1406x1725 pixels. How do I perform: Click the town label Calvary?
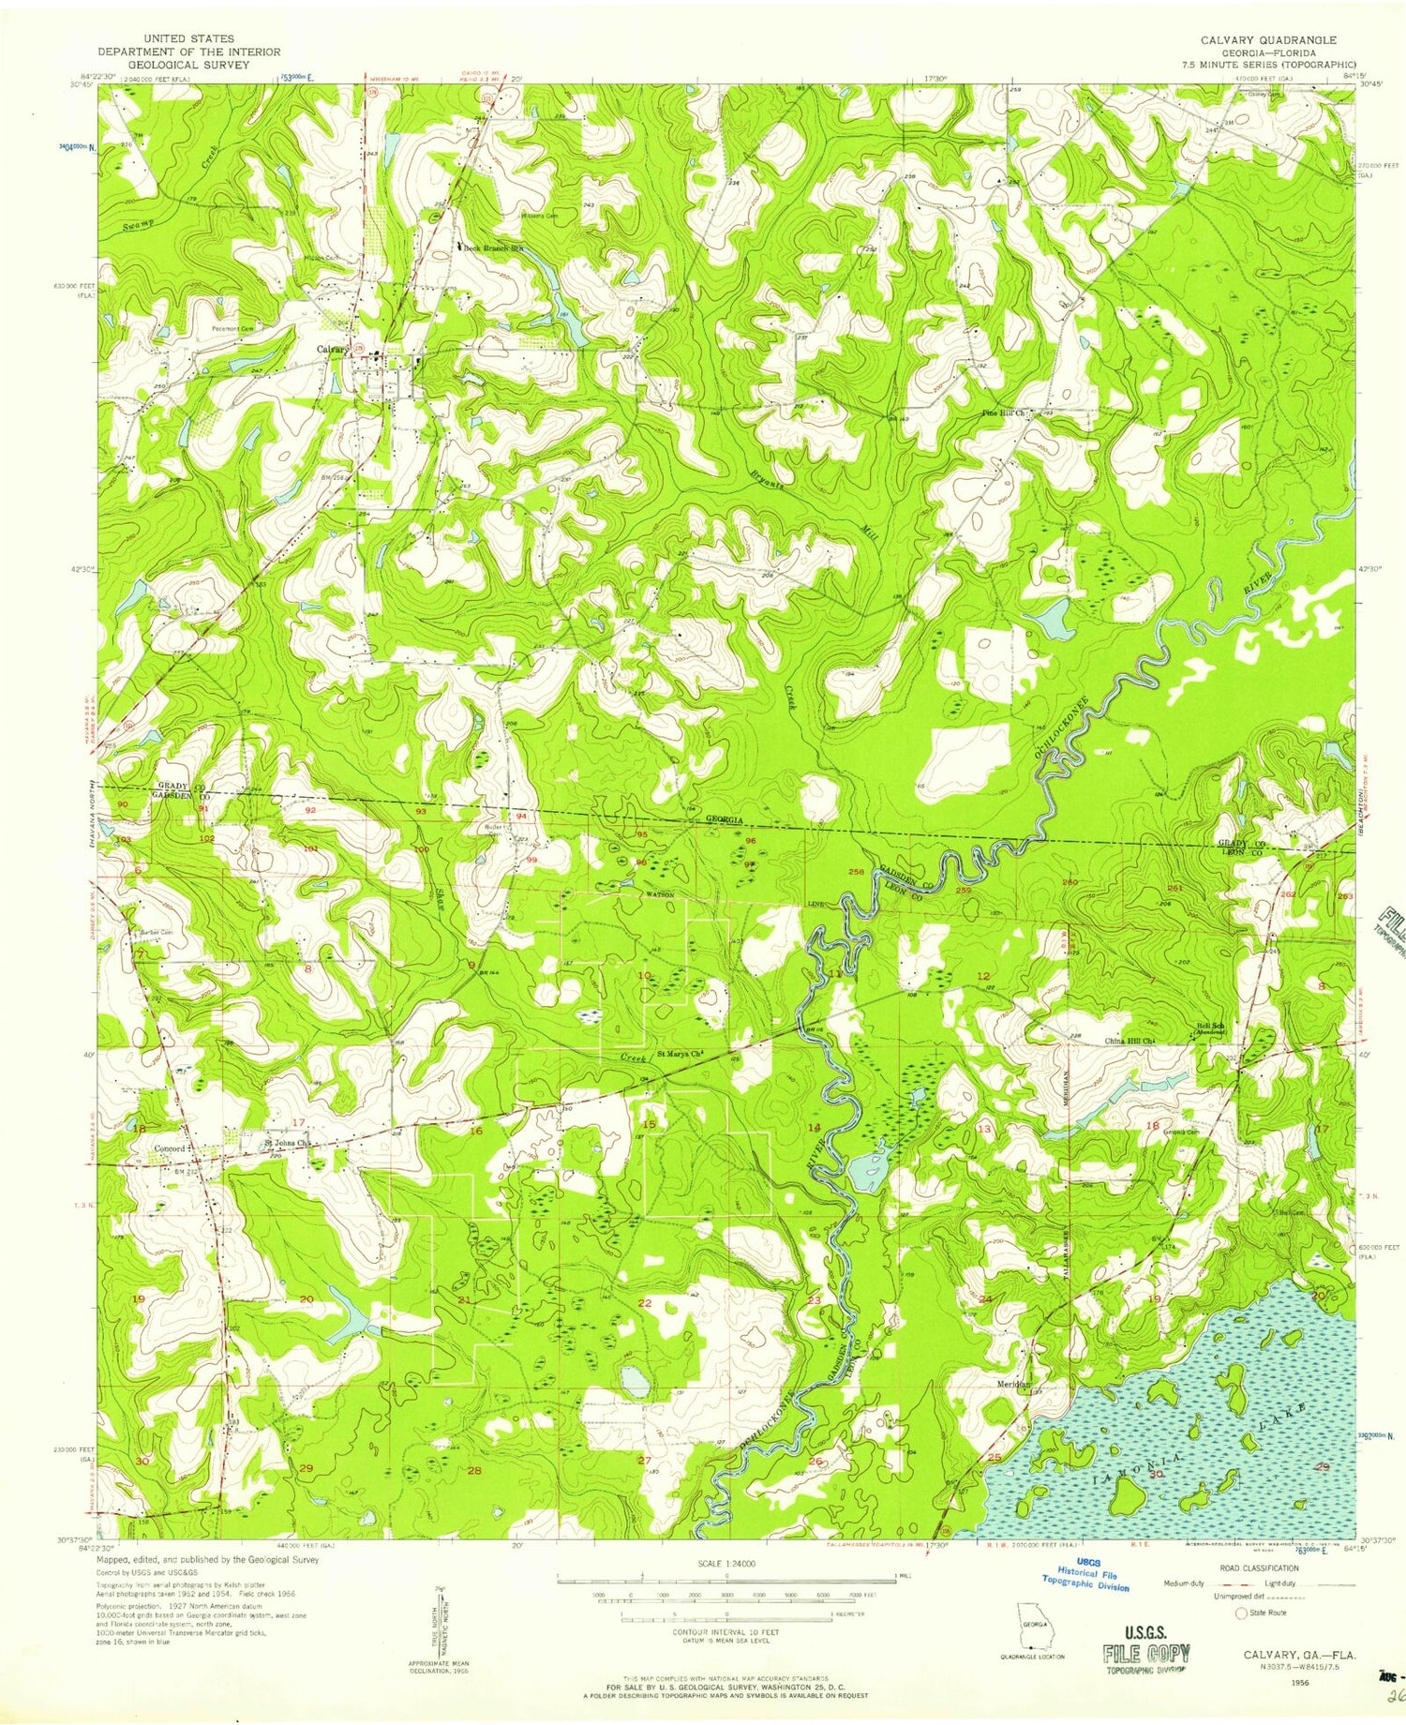pos(331,350)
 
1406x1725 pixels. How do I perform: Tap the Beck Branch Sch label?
pos(488,247)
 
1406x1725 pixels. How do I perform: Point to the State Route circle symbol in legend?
pos(1242,1612)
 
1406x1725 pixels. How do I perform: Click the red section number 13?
pos(984,1129)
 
